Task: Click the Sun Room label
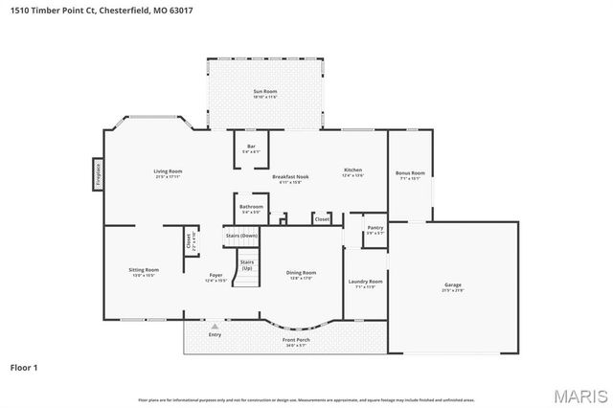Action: (252, 92)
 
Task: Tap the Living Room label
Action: (168, 172)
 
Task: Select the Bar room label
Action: (251, 147)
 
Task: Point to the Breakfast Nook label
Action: (289, 177)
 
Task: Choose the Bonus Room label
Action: (410, 173)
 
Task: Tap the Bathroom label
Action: (251, 207)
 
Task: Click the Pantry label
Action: (375, 229)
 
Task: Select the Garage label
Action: (452, 286)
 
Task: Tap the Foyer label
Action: (216, 277)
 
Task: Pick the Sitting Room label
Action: (144, 272)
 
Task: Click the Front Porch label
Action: (295, 341)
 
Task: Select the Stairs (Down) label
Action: (241, 235)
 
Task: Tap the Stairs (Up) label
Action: (247, 263)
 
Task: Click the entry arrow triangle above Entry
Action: (215, 326)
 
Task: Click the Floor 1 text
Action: (25, 367)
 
